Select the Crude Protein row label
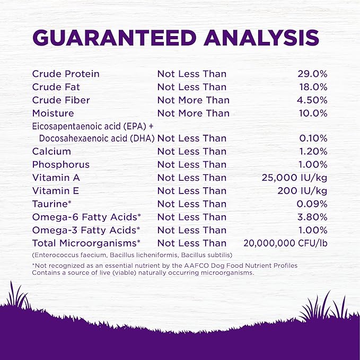click(66, 74)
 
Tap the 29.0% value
click(312, 74)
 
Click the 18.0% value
click(312, 87)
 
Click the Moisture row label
click(53, 113)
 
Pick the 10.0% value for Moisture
click(312, 113)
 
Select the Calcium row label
click(51, 152)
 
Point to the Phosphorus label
click(61, 164)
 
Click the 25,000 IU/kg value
click(295, 178)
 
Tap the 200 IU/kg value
click(302, 191)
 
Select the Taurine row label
click(51, 204)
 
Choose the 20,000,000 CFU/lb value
click(285, 243)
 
